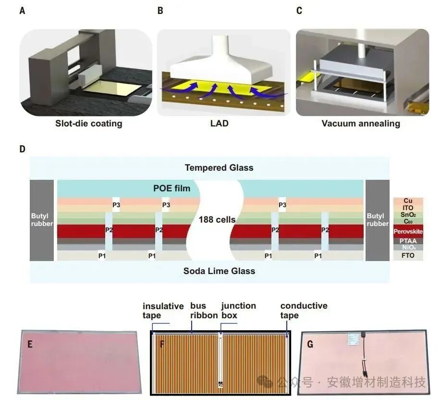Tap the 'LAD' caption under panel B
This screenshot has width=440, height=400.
(x=219, y=124)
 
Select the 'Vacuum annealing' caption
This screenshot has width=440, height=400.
(x=361, y=124)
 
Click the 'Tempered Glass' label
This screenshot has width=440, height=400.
(x=219, y=168)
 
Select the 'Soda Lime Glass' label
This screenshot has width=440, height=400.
(x=219, y=271)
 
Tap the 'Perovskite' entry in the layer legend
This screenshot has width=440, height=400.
(x=408, y=232)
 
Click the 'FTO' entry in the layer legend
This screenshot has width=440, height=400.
(x=408, y=255)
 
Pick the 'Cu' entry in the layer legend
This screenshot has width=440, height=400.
(x=408, y=200)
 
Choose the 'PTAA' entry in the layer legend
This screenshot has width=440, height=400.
(x=408, y=240)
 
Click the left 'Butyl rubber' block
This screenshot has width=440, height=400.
(x=41, y=220)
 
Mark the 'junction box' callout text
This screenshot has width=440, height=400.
(x=238, y=311)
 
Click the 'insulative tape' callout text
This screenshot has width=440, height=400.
(x=163, y=311)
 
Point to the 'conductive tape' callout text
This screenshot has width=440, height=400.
(x=304, y=311)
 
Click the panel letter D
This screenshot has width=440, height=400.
(x=22, y=149)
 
